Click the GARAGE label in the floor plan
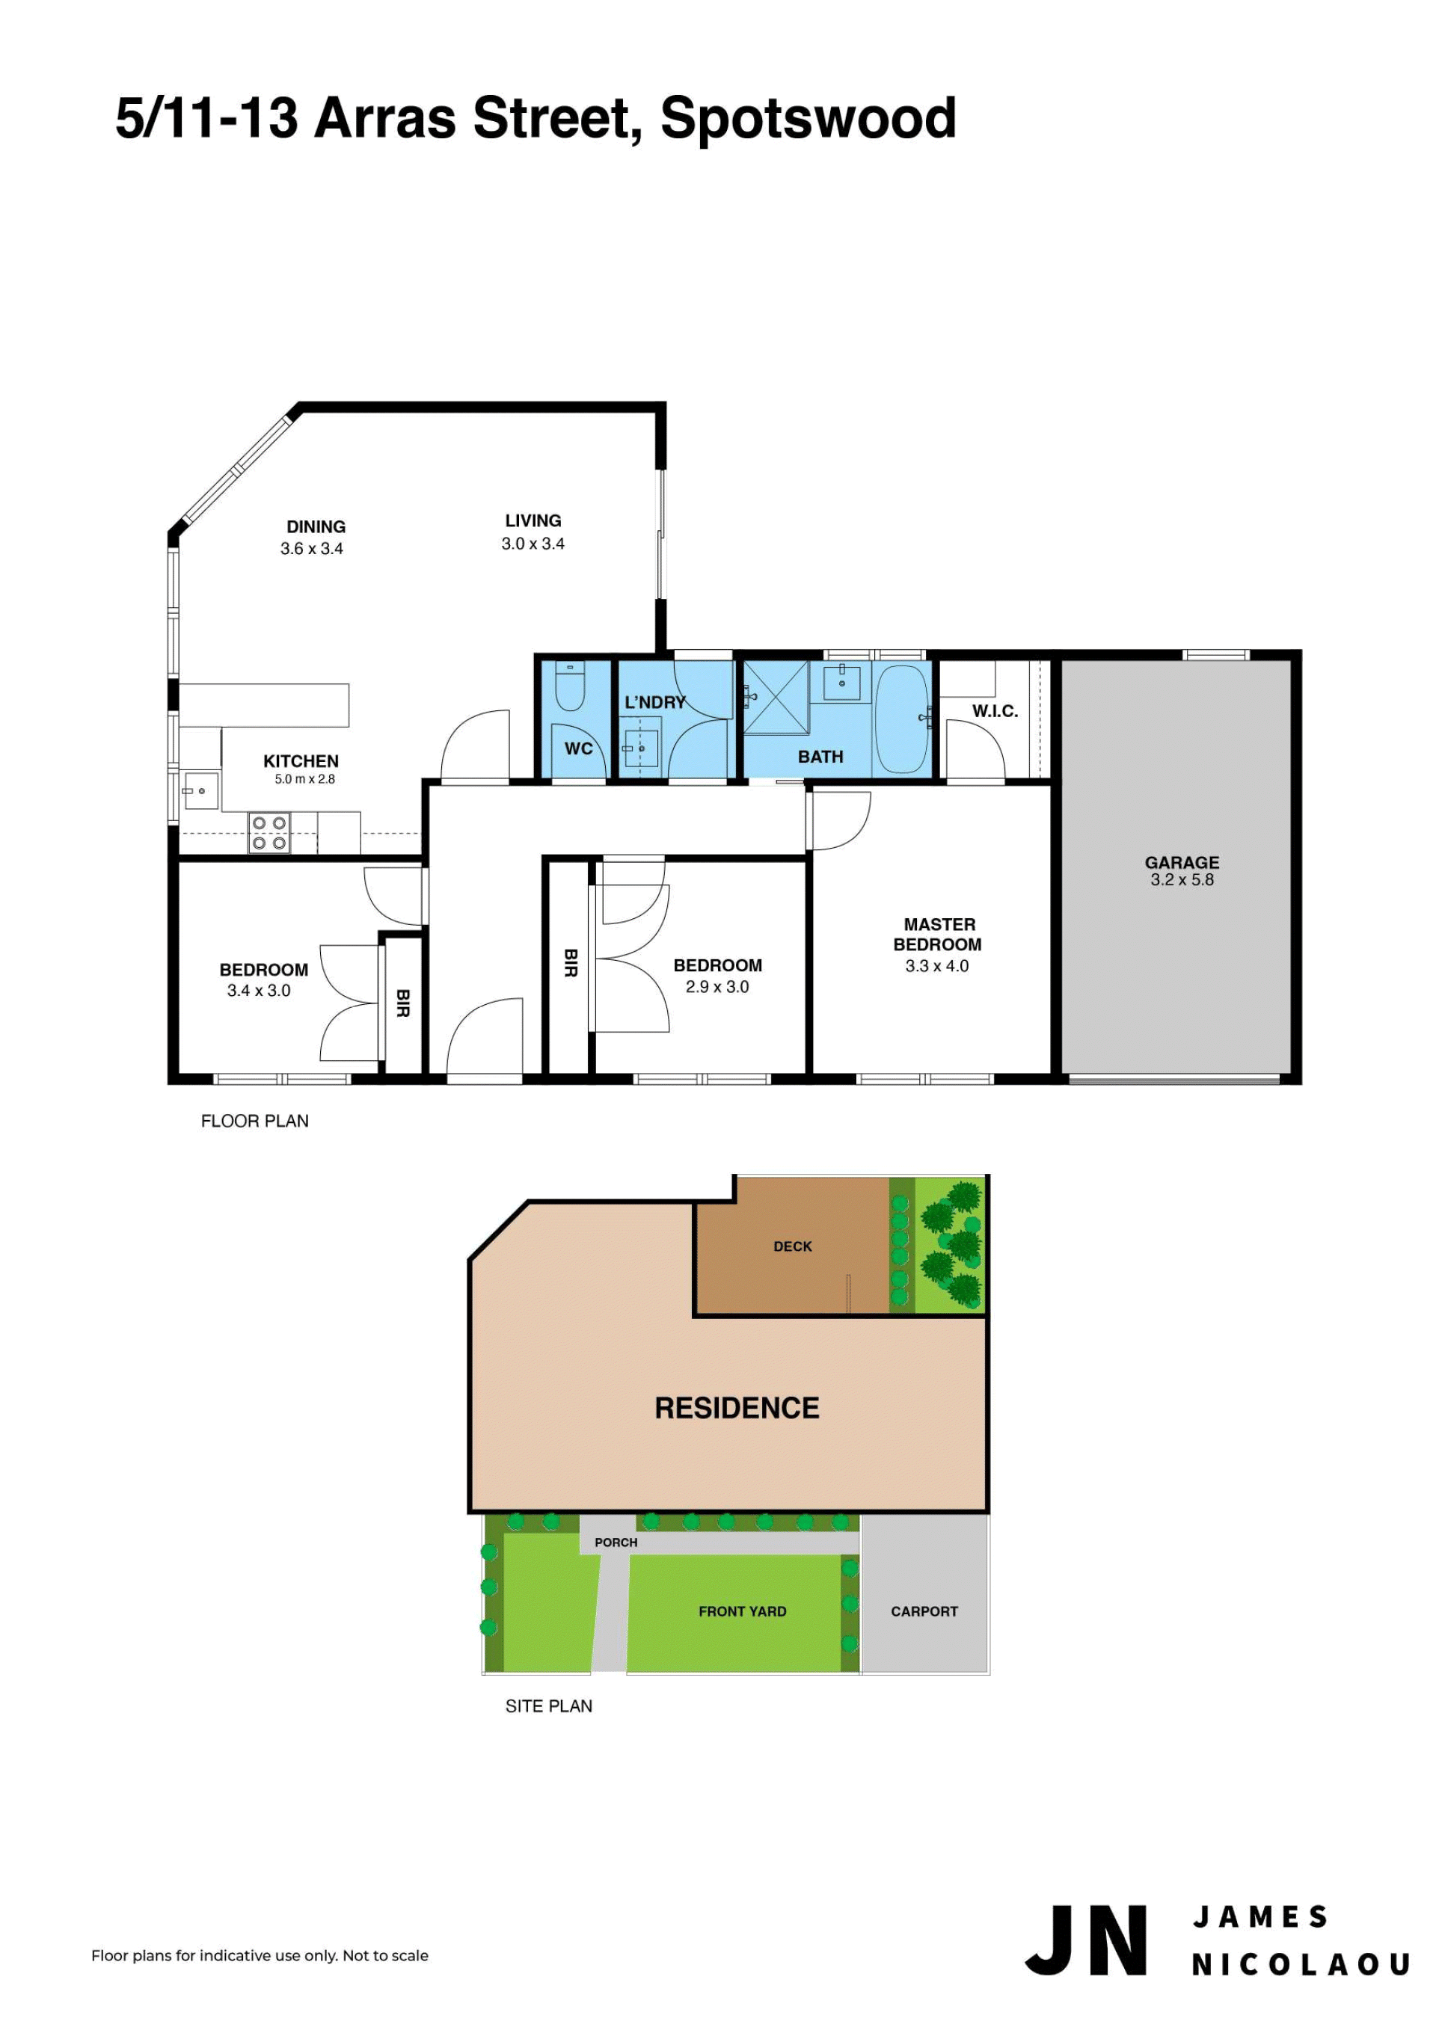click(x=1182, y=862)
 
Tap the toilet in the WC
click(x=569, y=686)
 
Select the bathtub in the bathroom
click(x=901, y=718)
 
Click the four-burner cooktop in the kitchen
click(x=269, y=833)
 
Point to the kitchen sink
click(x=200, y=790)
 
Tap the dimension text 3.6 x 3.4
click(x=311, y=548)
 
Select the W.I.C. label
click(x=995, y=711)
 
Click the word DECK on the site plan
click(x=792, y=1246)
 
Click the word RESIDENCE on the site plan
click(x=737, y=1408)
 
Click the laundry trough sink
click(x=640, y=742)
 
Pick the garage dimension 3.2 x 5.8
click(x=1182, y=880)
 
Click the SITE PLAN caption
click(x=548, y=1706)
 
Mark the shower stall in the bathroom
click(x=776, y=698)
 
